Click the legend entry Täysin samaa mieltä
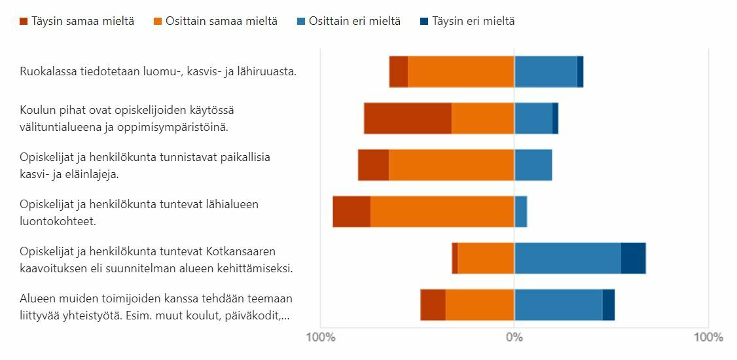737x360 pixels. point(77,21)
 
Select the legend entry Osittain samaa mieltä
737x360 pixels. point(215,21)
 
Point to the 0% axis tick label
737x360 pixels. point(514,338)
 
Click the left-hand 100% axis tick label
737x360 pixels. point(321,338)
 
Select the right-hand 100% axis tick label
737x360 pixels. point(708,338)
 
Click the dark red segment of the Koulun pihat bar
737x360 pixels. point(408,118)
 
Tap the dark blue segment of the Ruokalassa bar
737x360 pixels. point(580,71)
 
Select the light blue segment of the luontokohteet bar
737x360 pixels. point(521,212)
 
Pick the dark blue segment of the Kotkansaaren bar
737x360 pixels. point(633,259)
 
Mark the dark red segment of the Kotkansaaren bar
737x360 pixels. point(455,259)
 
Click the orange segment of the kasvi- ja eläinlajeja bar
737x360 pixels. point(452,165)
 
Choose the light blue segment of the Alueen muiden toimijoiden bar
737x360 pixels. point(558,305)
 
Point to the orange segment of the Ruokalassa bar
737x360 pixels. point(461,71)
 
